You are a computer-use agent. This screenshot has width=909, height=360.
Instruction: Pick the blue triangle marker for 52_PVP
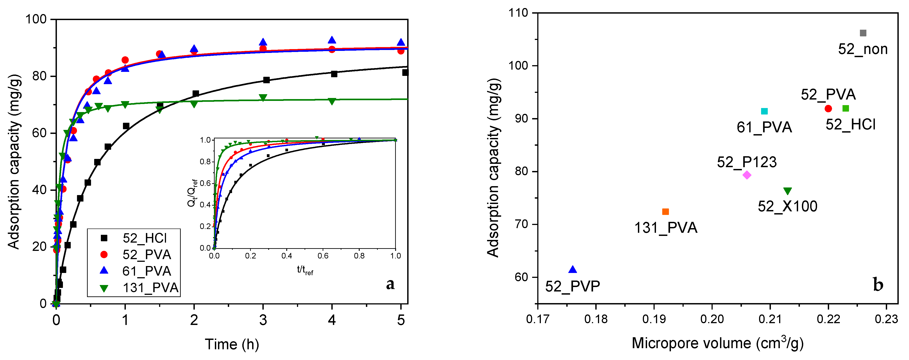pos(573,270)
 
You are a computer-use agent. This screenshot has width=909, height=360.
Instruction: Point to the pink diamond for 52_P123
pos(747,175)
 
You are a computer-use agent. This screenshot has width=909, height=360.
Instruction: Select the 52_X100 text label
pos(787,206)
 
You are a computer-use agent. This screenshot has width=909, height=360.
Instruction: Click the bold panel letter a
pos(390,284)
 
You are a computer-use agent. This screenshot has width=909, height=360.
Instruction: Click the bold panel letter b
pos(878,285)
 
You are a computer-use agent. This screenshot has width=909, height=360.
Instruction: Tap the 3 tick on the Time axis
pos(263,320)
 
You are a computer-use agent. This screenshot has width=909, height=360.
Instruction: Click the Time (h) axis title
pos(232,344)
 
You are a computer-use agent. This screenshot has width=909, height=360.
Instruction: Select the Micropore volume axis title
pos(717,343)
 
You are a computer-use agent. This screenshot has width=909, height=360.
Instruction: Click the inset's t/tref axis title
pos(305,271)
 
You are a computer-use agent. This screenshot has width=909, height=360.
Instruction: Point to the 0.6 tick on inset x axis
pos(323,256)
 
